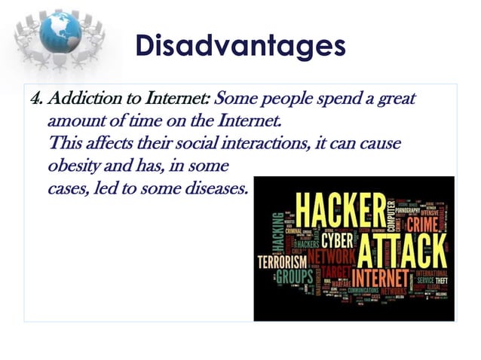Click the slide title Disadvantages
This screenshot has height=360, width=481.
[x=240, y=45]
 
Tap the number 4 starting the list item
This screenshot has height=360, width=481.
[x=33, y=99]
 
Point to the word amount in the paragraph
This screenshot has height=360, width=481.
[x=72, y=121]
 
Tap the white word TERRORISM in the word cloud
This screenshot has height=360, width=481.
[x=282, y=261]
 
